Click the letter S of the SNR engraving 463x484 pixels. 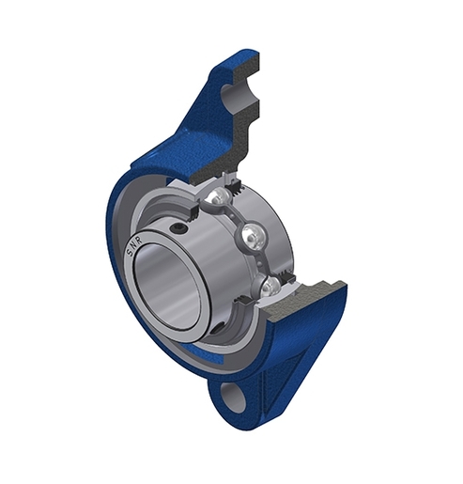[129, 252]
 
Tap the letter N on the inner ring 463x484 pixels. [133, 245]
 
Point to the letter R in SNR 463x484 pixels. [139, 240]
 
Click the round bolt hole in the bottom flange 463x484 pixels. [233, 397]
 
